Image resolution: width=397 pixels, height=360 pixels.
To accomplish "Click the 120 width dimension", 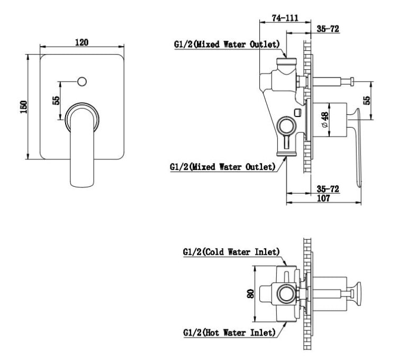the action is (82, 42).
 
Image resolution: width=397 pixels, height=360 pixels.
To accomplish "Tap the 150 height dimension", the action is (23, 107).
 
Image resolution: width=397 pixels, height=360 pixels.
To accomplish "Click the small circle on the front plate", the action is (82, 82).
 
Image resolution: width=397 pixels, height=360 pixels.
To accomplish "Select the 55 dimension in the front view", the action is (56, 101).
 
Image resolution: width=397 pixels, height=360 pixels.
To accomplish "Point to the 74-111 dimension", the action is (285, 18).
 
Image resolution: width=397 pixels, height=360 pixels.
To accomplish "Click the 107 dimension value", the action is (323, 198).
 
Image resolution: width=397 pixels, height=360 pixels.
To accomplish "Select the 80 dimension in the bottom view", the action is (251, 294).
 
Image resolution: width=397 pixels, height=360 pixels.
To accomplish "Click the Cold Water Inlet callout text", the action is (231, 252).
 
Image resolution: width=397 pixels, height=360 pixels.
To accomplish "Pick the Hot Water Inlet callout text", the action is (229, 332).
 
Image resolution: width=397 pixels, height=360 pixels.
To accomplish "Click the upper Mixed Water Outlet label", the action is (227, 44).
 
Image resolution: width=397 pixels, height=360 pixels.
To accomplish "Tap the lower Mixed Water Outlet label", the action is (222, 167).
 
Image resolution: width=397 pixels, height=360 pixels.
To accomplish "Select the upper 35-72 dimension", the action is (328, 29).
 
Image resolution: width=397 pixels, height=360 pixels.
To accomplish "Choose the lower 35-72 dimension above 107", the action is (328, 189).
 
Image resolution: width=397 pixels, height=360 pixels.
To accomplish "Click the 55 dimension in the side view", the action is (366, 101).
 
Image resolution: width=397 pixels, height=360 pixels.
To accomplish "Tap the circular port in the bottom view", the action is (286, 294).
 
